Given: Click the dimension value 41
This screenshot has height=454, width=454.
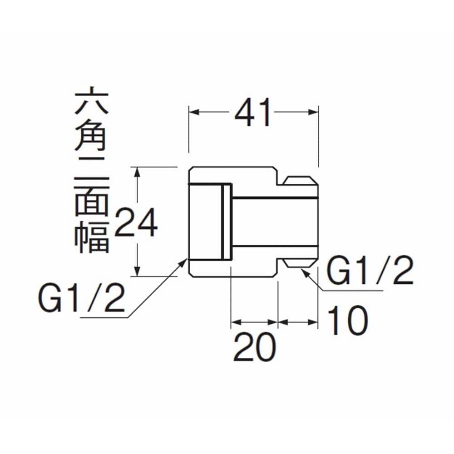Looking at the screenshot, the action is click(253, 112).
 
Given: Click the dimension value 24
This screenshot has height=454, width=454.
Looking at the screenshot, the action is click(136, 222).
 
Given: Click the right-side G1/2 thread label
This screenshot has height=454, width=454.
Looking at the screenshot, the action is click(370, 270).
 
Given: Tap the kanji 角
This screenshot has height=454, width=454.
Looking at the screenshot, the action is click(91, 136).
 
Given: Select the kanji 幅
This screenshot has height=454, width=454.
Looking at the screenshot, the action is click(92, 236).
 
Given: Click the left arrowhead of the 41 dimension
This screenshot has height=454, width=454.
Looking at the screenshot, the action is click(194, 112).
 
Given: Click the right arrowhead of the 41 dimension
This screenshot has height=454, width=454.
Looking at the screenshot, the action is click(313, 112).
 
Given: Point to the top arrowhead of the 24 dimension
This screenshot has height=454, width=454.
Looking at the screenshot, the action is click(138, 173).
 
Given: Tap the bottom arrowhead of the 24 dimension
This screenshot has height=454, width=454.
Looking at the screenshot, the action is click(138, 271).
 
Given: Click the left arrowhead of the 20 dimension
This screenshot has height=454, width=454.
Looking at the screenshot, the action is click(237, 322).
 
